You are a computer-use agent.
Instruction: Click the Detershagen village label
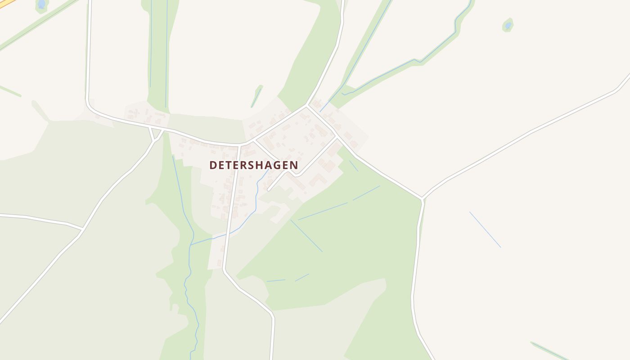coord(253,165)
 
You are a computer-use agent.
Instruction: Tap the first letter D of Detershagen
coord(213,165)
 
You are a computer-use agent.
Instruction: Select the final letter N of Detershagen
coord(294,165)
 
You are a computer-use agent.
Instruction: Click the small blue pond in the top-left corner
coord(41,4)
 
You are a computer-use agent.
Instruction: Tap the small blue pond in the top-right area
coord(508,26)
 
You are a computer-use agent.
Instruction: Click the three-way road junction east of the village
coord(423,198)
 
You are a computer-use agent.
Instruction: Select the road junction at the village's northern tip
coord(307,106)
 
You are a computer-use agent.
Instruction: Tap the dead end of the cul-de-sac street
coord(269,190)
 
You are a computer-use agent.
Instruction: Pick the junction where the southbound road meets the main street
coord(239,145)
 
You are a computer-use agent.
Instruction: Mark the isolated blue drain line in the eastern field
coord(485,229)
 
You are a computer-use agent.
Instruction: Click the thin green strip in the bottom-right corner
coord(549,351)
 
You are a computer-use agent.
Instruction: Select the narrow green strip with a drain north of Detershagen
coord(257,96)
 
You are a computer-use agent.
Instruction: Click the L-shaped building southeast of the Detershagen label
coord(318,180)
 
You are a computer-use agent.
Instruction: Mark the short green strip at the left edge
coord(10,90)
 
